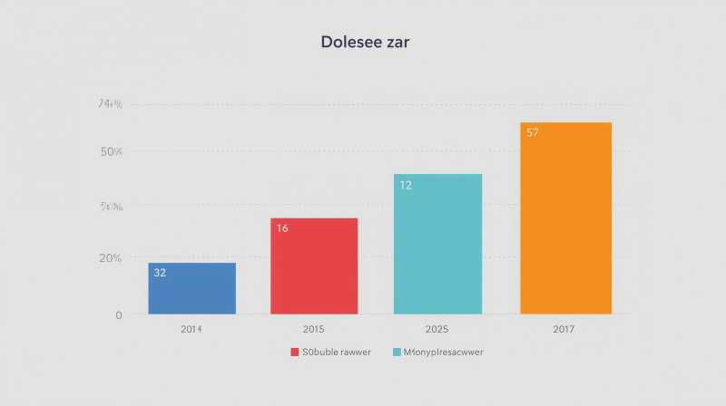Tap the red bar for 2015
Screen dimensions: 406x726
click(314, 266)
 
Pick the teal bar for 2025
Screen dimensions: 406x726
click(437, 245)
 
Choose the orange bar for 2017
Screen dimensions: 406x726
click(565, 218)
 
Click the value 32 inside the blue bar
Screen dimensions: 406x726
click(160, 272)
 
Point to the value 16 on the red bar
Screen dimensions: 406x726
click(282, 228)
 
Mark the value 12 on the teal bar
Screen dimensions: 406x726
click(406, 185)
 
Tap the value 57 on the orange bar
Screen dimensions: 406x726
click(533, 133)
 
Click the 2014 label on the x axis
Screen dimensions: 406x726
click(191, 329)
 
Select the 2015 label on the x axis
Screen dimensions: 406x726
click(314, 329)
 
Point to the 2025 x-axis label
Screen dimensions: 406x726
click(437, 329)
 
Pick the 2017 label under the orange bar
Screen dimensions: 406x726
click(564, 329)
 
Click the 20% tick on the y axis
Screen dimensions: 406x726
click(111, 257)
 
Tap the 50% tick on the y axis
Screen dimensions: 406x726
click(112, 151)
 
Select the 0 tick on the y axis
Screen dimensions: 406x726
click(118, 314)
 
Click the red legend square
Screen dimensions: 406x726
click(295, 352)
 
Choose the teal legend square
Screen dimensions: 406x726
click(397, 352)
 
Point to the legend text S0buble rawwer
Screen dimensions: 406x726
click(338, 352)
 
